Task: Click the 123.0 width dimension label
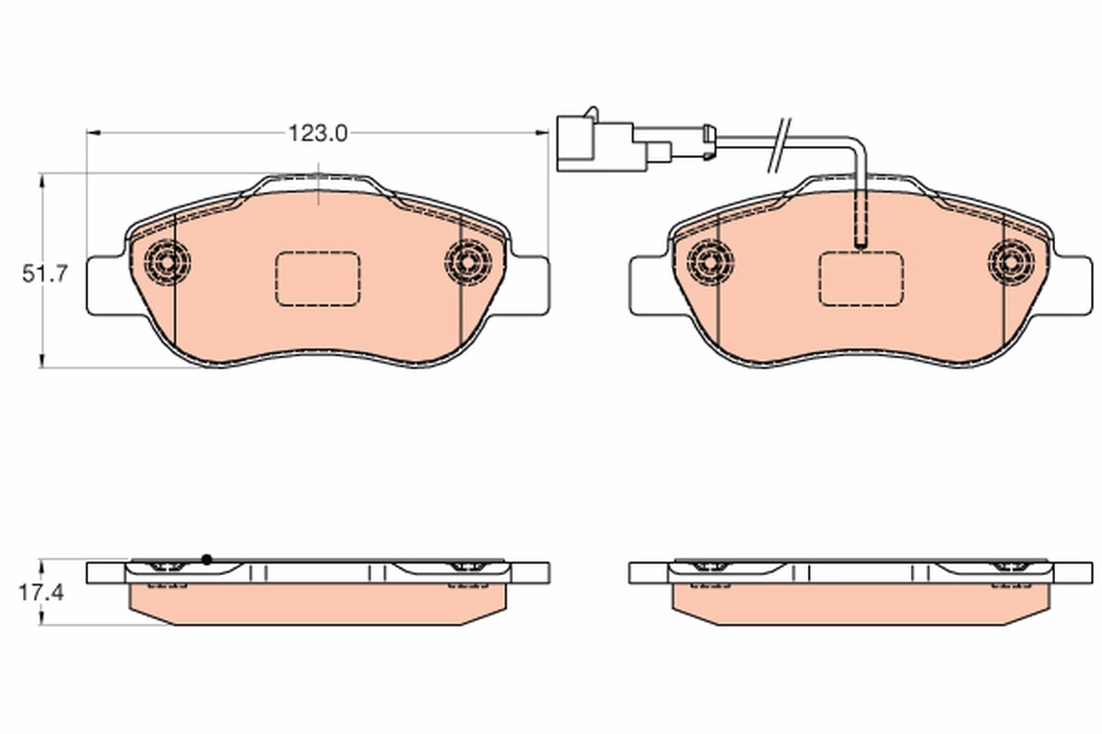317,134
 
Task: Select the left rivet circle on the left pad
167,263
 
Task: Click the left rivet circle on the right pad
710,263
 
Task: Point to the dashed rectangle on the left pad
317,279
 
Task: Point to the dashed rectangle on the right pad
860,279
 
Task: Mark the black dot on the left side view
207,559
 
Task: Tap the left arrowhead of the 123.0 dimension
92,133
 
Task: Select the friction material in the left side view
317,606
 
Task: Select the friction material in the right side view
860,606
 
